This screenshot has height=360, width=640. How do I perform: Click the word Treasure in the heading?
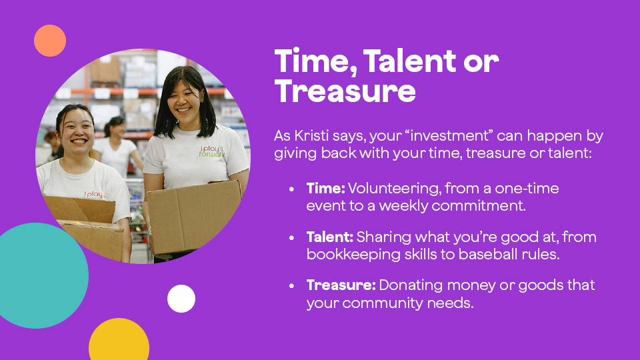(x=345, y=91)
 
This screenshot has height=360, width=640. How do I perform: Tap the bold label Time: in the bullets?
(x=325, y=189)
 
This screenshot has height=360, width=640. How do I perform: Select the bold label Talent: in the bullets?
(x=330, y=237)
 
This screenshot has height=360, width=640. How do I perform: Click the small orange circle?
(x=50, y=41)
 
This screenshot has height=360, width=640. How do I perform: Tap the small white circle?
(x=181, y=299)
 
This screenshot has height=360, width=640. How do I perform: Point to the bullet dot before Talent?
(x=291, y=238)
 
